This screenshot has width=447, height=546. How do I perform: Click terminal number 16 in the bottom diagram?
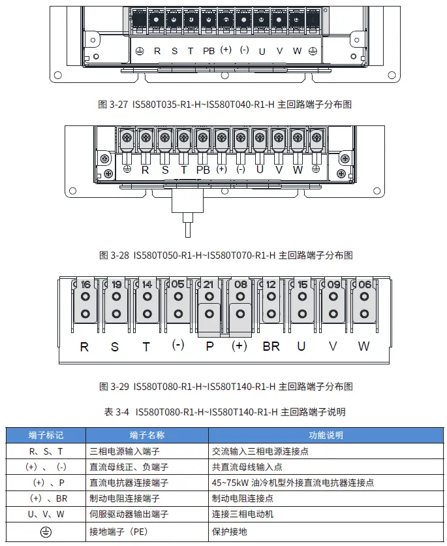pos(85,285)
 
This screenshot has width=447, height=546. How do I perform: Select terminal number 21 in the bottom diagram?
pos(208,285)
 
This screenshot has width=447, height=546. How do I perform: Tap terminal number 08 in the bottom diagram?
pos(240,285)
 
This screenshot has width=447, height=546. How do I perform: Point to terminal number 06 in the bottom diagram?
pos(364,285)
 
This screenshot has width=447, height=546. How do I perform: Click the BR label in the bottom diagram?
pos(271,347)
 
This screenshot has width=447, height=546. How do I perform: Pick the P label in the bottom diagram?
pos(209,347)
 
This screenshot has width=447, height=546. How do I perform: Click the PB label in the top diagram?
pos(208,51)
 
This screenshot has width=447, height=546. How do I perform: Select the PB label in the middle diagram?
pos(203,170)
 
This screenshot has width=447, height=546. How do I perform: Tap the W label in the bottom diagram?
pos(363,347)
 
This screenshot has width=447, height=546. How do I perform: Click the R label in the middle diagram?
pos(145,170)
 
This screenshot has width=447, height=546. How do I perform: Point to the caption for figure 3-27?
pos(224,104)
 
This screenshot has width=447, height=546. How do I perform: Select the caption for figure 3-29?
pos(224,387)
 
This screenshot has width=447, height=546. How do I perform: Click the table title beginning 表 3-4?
pos(224,412)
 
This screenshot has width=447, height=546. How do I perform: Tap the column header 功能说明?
pos(326,435)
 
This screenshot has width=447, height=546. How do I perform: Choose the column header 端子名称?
pos(147,435)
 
